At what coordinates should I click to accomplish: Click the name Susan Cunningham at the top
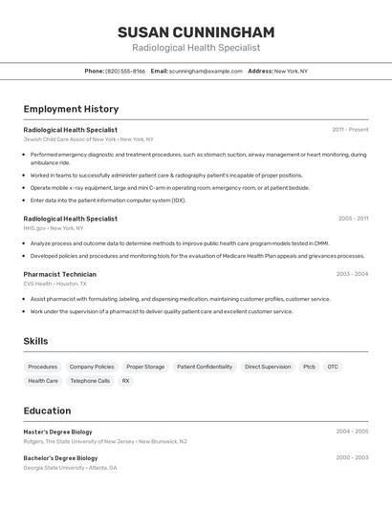point(195,32)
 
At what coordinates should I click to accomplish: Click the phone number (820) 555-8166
point(125,71)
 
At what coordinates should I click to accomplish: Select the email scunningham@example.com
point(206,71)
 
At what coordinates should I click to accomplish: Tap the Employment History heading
point(71,109)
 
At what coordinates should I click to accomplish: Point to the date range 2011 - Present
point(350,130)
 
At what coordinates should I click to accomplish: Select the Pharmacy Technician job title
point(59,274)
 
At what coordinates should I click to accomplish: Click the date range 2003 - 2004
point(352,274)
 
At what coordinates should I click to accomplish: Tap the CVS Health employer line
point(54,284)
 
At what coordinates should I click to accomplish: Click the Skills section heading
point(35,341)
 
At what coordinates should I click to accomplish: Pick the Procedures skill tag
point(42,367)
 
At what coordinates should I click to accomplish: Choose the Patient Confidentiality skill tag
point(205,367)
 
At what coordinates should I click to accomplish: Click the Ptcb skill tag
point(309,367)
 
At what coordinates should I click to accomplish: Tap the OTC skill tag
point(333,367)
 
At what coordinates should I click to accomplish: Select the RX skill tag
point(125,381)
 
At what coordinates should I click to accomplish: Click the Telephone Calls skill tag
point(90,381)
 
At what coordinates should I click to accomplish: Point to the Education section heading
point(47,411)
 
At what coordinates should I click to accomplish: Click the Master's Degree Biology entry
point(58,432)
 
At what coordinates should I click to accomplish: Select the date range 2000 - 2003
point(352,457)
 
